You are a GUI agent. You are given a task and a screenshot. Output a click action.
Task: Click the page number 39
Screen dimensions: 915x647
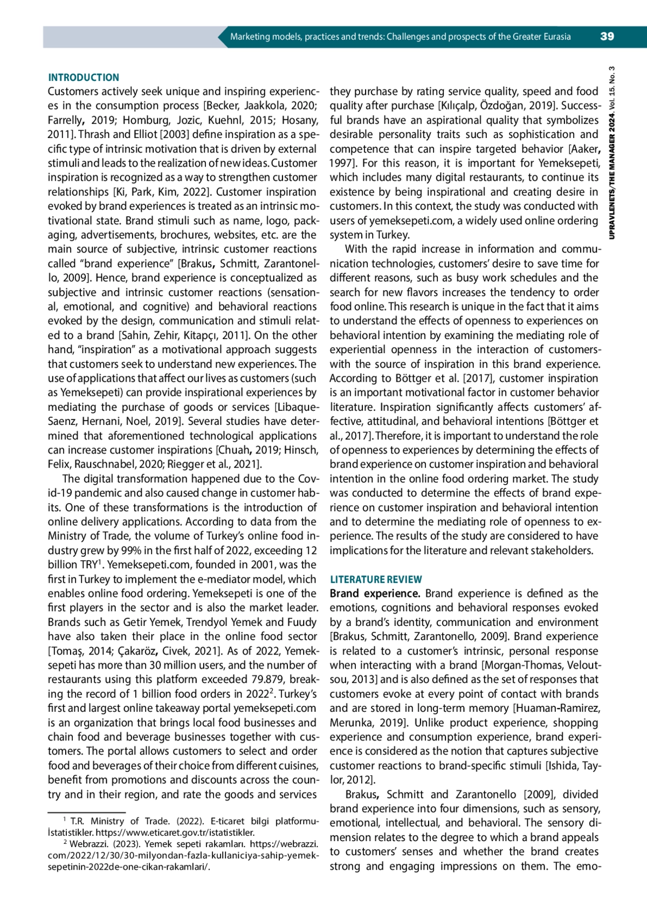click(x=607, y=37)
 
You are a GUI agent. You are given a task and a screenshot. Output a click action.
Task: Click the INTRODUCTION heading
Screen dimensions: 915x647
click(x=84, y=78)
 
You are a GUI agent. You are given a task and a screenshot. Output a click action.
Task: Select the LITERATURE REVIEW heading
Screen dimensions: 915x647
click(x=376, y=580)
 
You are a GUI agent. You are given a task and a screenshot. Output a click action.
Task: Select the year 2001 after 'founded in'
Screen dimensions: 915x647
click(x=258, y=565)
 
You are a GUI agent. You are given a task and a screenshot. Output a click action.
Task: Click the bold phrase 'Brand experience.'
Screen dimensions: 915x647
click(x=375, y=594)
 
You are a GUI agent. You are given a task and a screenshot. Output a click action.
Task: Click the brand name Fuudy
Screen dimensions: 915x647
click(x=302, y=622)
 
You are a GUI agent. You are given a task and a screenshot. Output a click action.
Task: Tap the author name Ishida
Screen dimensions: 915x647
click(x=563, y=766)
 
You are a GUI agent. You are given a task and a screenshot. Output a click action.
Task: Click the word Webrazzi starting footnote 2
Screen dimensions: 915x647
click(x=88, y=844)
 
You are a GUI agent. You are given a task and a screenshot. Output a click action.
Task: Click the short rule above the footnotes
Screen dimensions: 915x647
click(x=86, y=812)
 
